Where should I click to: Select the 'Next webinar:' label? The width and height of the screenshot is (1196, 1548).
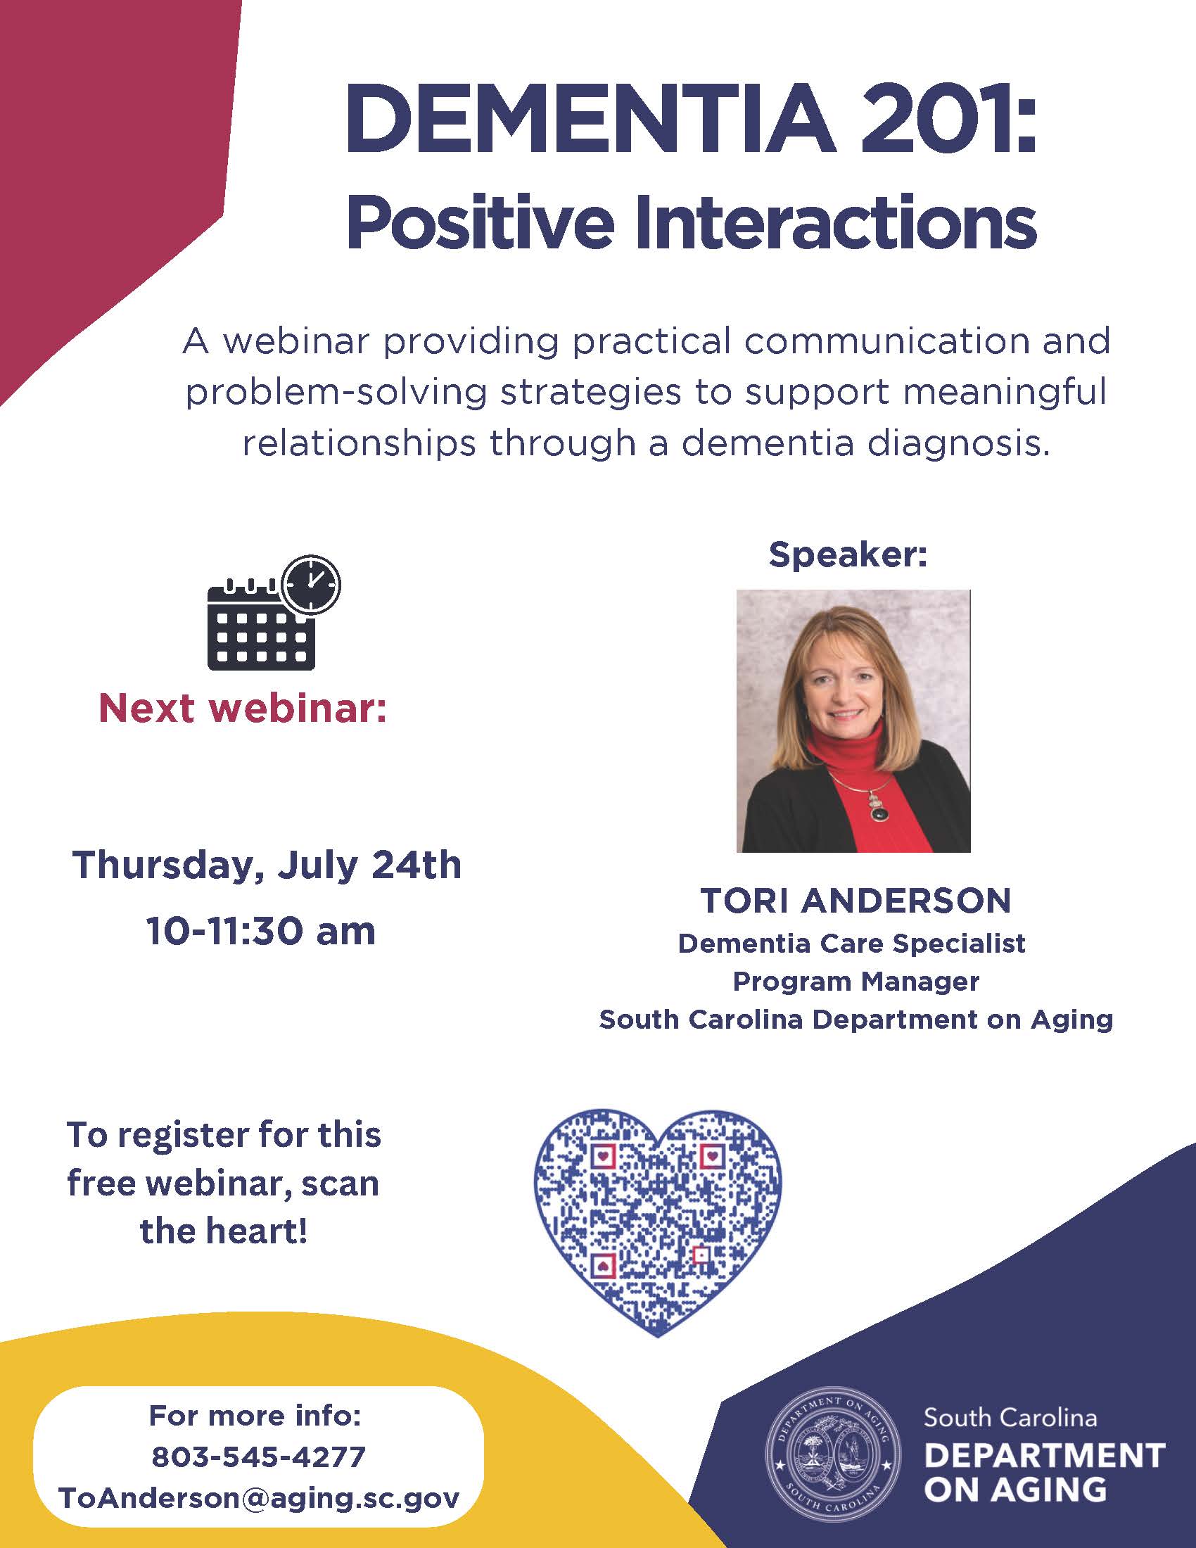coord(243,708)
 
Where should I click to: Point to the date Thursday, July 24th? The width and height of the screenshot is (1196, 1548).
coord(267,865)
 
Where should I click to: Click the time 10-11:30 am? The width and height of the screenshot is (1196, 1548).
coord(261,931)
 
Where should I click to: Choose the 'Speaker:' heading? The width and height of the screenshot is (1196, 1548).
coord(848,554)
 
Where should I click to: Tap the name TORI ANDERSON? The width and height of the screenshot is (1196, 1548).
coord(855,901)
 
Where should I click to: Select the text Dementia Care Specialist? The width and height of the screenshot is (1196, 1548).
coord(852,944)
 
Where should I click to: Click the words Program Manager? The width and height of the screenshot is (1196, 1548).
coord(856,982)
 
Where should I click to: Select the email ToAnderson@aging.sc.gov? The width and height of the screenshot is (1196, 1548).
coord(259,1498)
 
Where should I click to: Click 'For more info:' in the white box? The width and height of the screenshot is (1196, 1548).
coord(255,1416)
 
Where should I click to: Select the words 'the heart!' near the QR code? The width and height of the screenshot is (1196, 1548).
coord(224,1231)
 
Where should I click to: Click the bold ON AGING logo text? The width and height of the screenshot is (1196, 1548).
coord(1015,1489)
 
